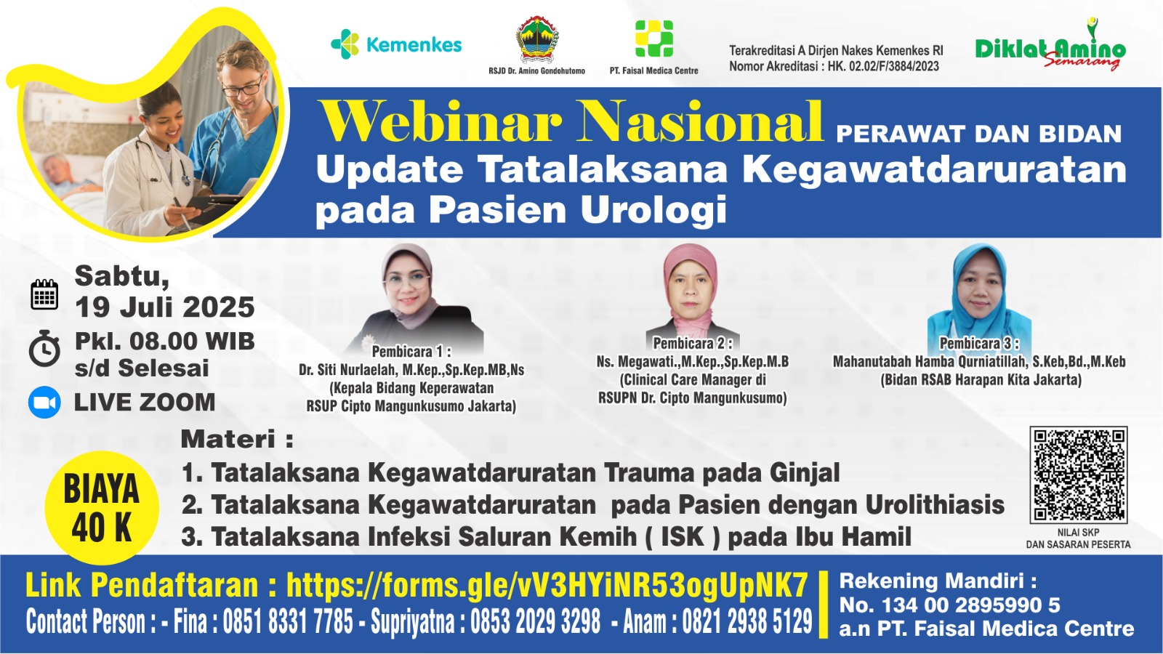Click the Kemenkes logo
click(396, 44)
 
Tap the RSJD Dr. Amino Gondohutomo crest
click(537, 39)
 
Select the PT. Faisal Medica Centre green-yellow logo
click(654, 39)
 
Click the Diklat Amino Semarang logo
click(1050, 45)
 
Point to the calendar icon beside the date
click(44, 294)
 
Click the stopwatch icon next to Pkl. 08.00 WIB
click(44, 348)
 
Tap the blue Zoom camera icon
click(44, 403)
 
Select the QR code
click(1079, 475)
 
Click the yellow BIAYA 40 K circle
click(102, 508)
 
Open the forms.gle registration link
click(547, 586)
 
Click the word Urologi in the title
click(653, 211)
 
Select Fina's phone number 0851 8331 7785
click(288, 621)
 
